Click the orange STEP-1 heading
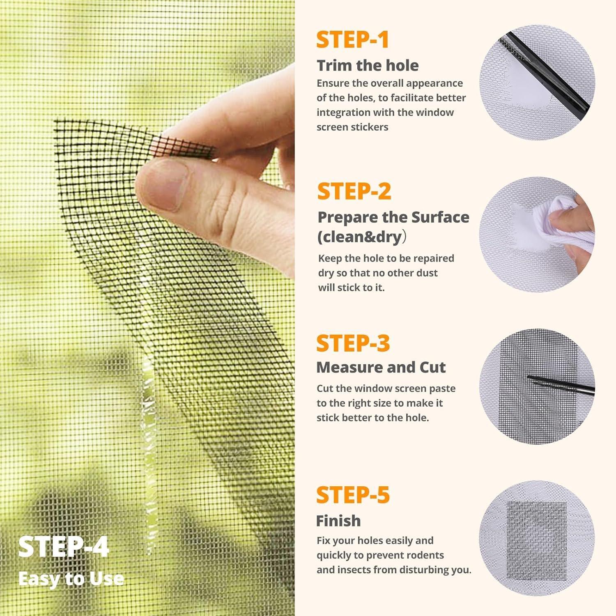pyautogui.click(x=352, y=40)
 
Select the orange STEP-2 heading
pyautogui.click(x=354, y=192)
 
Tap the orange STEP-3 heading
pyautogui.click(x=353, y=343)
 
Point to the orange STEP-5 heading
pyautogui.click(x=353, y=495)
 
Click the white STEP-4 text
pyautogui.click(x=64, y=547)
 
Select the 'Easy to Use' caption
pyautogui.click(x=71, y=579)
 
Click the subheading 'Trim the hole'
pyautogui.click(x=368, y=65)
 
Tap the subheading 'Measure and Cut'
pyautogui.click(x=381, y=367)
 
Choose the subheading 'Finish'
pyautogui.click(x=338, y=521)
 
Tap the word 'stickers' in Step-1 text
pyautogui.click(x=368, y=127)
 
